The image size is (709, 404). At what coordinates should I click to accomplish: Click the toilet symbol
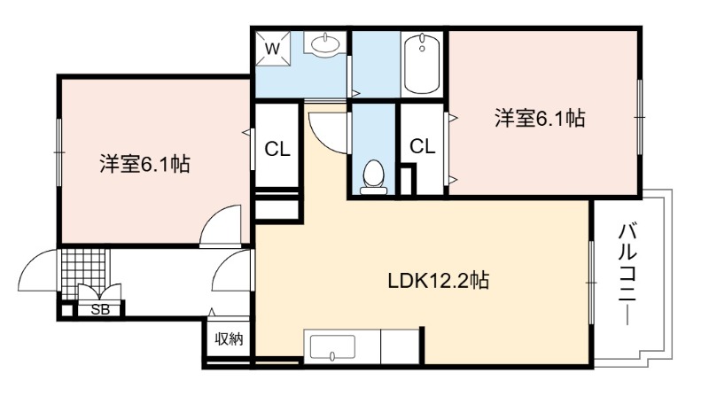coord(373,176)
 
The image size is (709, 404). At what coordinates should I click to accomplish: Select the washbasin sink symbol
coord(325,43)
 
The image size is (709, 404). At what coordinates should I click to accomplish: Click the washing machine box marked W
coord(272,48)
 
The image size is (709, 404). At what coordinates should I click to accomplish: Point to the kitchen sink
coord(332,347)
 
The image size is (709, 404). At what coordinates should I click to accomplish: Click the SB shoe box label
coord(100,310)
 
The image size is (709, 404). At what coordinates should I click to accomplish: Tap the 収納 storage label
coord(229,338)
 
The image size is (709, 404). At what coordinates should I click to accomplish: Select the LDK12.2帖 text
coord(439,281)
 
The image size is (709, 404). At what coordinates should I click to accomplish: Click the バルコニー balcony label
coord(627,274)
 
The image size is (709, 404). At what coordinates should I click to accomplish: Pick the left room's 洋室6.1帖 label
coord(144,164)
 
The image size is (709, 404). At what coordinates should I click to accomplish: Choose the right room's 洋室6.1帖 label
coord(540,118)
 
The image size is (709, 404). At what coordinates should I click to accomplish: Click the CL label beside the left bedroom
coord(277,149)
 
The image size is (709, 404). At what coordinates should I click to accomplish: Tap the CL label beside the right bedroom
coord(423,146)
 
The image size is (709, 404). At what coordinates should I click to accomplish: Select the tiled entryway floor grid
coord(82,272)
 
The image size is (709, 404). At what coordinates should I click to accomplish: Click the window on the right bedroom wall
coord(639,117)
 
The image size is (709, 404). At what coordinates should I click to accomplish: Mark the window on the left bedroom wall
coord(58,152)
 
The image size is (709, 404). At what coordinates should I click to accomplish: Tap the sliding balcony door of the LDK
coord(591,283)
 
